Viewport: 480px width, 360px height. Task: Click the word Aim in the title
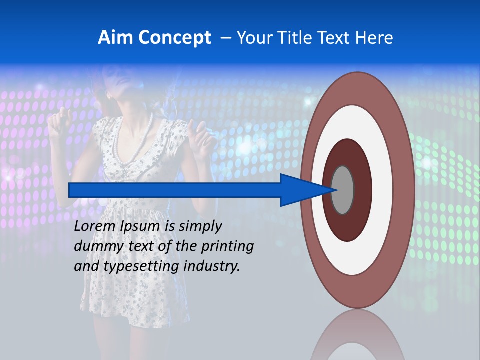[x=116, y=38]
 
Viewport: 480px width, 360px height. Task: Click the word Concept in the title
[x=174, y=38]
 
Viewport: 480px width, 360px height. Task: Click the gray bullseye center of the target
[x=343, y=190]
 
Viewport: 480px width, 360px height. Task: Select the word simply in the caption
[x=200, y=226]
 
